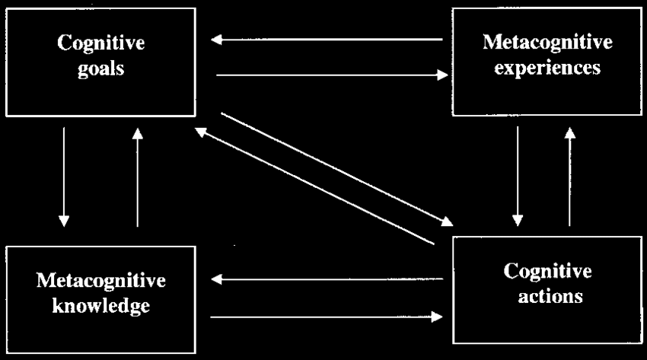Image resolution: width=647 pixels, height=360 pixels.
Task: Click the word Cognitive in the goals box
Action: pos(101,43)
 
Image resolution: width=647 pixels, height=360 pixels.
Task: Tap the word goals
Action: pos(101,68)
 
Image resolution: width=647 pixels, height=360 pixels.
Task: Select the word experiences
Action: pos(547,68)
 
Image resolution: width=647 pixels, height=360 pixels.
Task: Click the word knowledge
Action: pos(101,305)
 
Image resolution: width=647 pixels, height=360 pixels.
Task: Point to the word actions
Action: pos(550,297)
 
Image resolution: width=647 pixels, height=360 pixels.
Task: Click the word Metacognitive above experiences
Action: pos(547,42)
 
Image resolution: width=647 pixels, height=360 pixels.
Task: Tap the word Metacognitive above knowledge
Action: pos(101,280)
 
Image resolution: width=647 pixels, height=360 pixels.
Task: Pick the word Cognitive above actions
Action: pos(547,271)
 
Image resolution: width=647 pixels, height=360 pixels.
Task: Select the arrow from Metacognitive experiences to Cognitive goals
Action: pos(327,40)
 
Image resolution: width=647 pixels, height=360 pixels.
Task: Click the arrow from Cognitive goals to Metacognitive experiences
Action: pos(332,75)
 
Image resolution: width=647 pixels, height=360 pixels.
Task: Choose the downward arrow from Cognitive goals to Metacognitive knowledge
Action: pos(64,177)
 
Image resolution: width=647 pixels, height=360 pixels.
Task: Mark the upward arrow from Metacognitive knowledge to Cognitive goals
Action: pos(138,177)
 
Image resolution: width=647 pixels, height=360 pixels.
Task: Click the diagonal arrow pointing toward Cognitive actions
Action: pos(337,170)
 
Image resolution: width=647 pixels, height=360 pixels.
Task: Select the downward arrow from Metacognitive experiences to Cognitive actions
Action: pos(518,176)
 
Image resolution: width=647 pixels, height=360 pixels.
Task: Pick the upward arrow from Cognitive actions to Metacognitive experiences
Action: pos(570,177)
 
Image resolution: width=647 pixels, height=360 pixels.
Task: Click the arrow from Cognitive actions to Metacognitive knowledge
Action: pos(327,279)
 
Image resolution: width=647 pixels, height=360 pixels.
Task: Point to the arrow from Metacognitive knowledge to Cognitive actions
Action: pos(327,317)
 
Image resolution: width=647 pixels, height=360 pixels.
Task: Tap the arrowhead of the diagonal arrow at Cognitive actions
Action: pos(448,221)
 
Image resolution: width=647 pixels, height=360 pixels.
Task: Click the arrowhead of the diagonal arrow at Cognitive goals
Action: pos(200,132)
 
